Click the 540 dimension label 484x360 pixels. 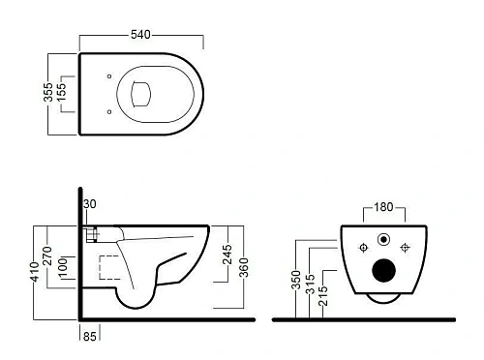coord(140,35)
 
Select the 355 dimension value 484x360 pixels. coord(48,92)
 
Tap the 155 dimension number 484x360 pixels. coord(61,92)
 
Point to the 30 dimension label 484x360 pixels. coord(90,204)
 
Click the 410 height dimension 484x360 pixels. coord(34,272)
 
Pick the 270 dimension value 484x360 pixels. coord(47,255)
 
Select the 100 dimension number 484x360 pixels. coord(62,266)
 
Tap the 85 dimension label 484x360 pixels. coord(90,336)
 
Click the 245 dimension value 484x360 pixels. coord(227,255)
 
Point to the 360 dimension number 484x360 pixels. coord(244,267)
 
